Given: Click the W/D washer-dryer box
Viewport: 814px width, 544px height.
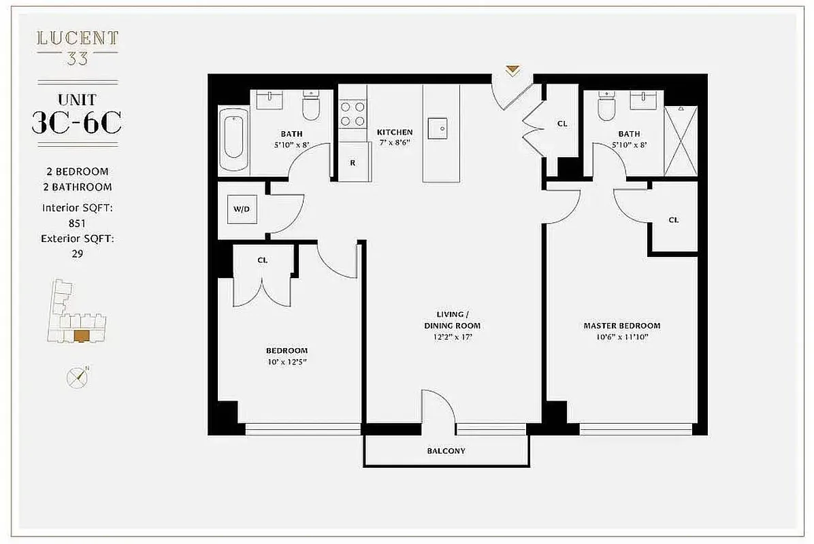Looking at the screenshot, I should coord(242,209).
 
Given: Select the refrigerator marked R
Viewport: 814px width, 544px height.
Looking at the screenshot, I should coord(353,163).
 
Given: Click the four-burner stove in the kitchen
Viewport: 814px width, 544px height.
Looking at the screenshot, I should coord(353,113).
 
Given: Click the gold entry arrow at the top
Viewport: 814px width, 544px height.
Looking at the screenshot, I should coord(512,70).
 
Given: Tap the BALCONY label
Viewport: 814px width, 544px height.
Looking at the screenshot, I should coord(446,451).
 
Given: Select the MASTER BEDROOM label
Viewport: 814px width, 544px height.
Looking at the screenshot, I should coord(621,326).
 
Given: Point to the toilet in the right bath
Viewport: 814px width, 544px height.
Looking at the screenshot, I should coord(605,107).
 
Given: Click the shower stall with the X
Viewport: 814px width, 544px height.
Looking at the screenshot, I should coord(681,141).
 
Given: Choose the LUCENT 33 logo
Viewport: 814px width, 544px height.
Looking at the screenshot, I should coord(77,47).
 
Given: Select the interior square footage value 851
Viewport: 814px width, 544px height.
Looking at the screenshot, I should coord(76,222).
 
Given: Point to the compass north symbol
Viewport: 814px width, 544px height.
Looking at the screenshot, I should coord(78,377).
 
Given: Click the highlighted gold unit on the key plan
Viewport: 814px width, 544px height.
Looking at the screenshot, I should coord(82,335).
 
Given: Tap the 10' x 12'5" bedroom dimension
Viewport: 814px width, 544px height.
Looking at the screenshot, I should coord(287,362).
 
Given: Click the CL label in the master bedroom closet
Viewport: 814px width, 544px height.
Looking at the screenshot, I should coord(673,220).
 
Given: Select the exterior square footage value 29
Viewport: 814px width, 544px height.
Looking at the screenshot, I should coord(76,254).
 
